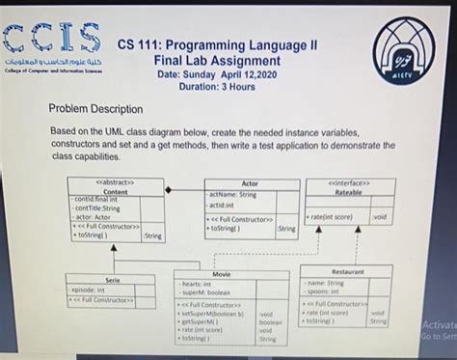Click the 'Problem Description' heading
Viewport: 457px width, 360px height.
(x=95, y=109)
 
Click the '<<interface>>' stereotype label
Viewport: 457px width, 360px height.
(x=349, y=181)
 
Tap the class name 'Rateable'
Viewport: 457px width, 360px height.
(x=349, y=191)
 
